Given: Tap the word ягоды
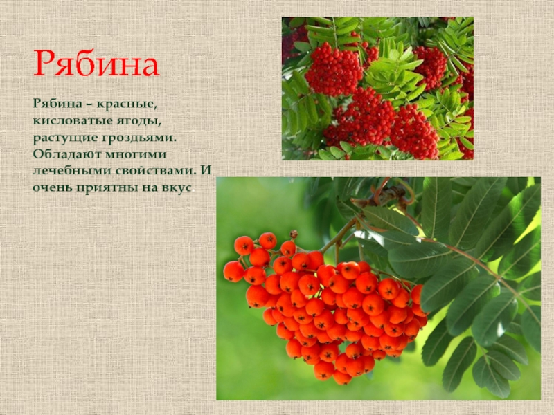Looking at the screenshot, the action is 139,121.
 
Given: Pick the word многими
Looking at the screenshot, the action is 136,154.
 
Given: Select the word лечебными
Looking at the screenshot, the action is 72,171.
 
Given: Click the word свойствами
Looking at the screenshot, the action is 157,171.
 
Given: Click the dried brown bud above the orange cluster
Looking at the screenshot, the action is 294,234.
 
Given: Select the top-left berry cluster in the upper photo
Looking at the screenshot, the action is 333,70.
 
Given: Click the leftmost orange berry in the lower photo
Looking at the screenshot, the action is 233,271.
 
